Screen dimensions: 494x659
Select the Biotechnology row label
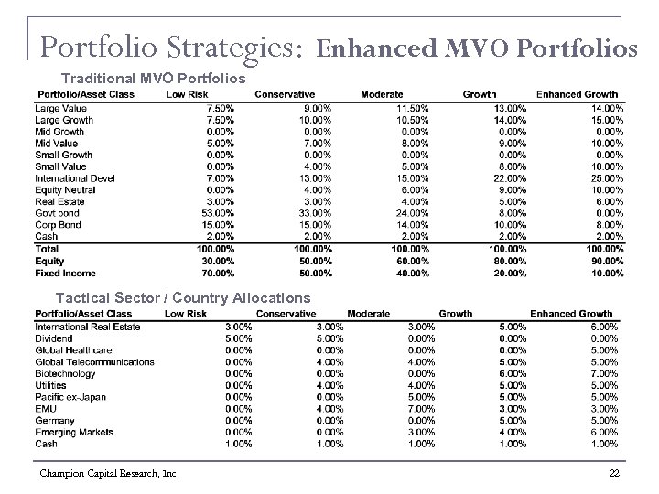(x=65, y=373)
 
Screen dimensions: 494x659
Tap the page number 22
(x=613, y=472)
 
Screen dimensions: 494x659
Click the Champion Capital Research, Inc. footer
(x=109, y=473)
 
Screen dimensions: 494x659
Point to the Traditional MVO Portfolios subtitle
(x=153, y=78)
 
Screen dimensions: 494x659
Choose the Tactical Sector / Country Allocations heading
(x=183, y=298)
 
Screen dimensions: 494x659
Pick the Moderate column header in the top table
(x=382, y=94)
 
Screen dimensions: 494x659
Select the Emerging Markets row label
(x=72, y=432)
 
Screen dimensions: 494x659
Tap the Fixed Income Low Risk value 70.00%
(x=216, y=273)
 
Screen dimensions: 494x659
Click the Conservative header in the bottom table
(x=286, y=314)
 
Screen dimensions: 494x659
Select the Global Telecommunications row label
(x=94, y=361)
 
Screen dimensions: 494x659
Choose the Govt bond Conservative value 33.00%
(x=314, y=213)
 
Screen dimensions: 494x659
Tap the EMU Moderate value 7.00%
(x=420, y=408)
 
